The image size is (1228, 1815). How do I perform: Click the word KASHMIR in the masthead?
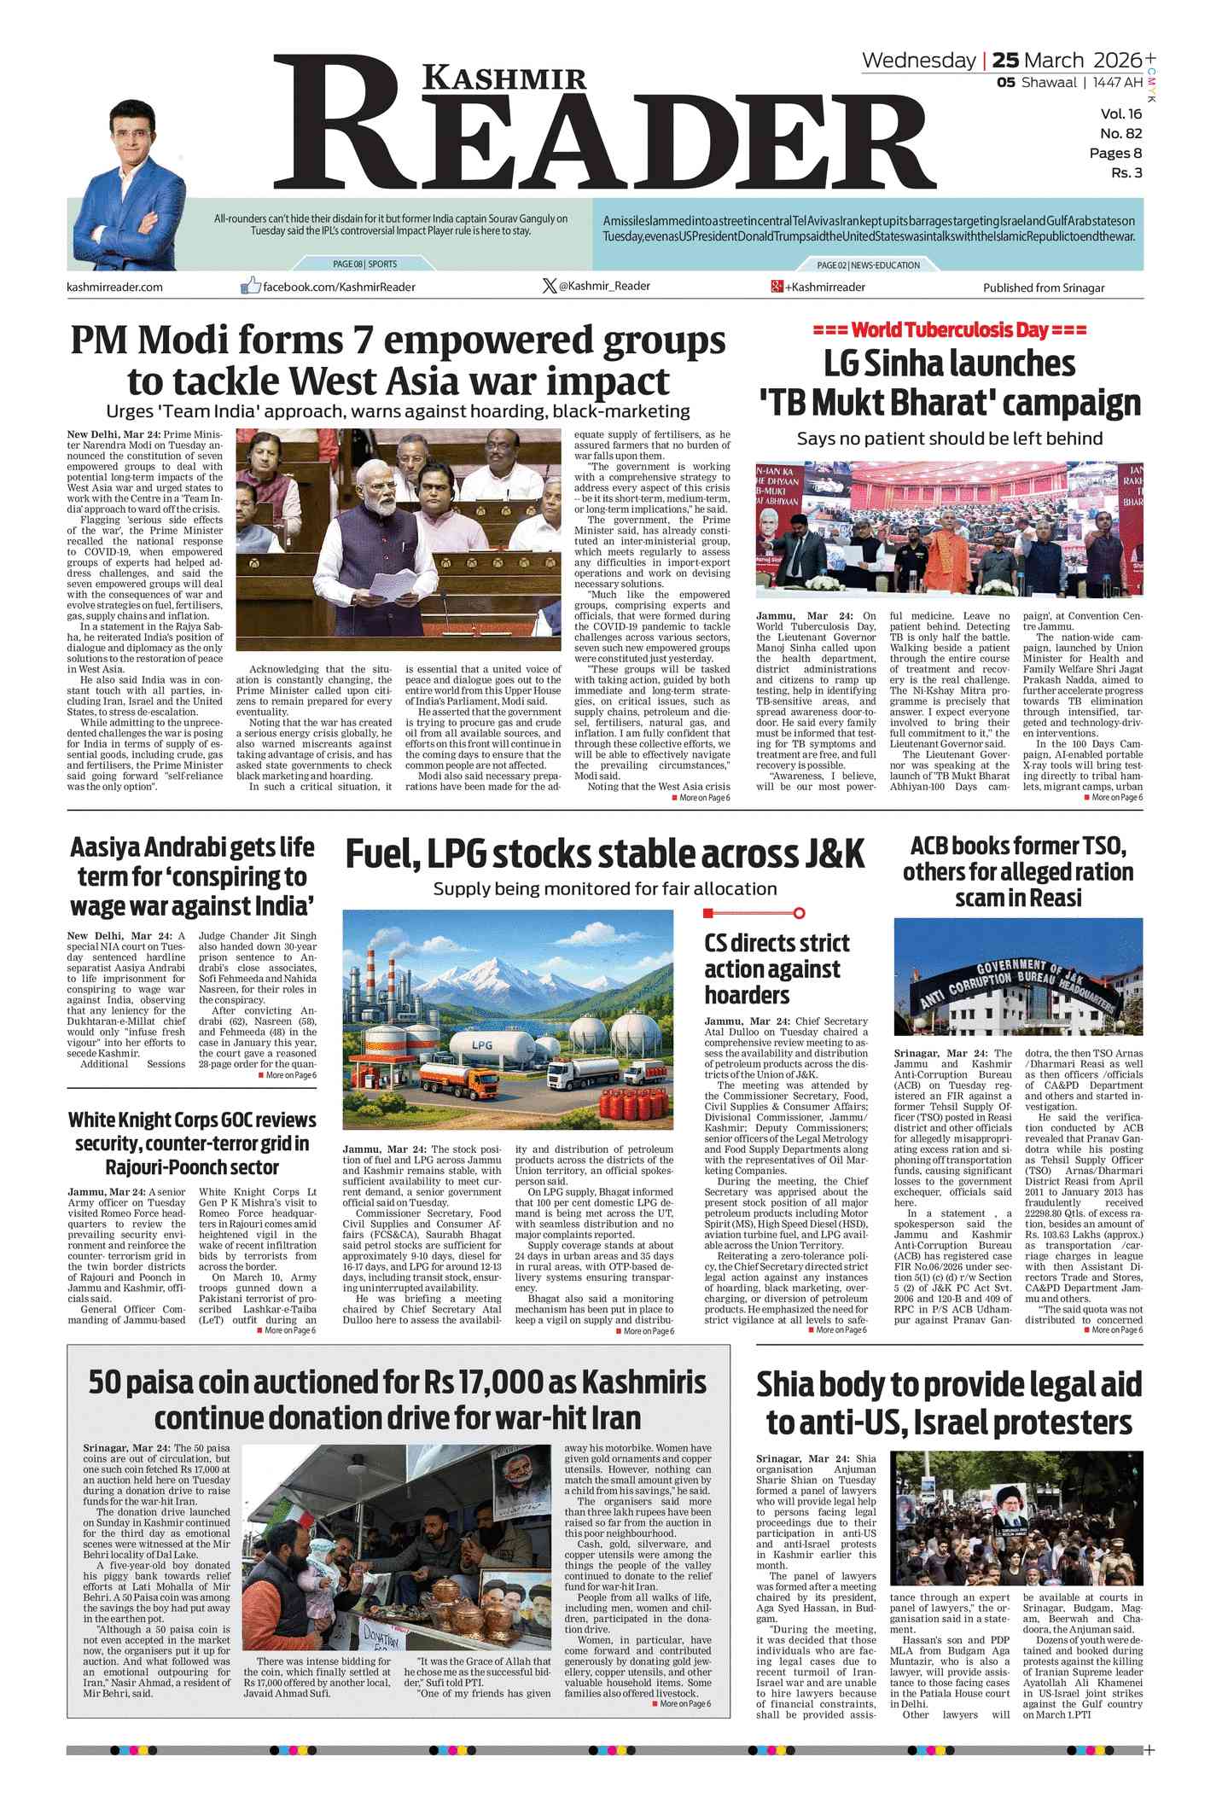click(x=504, y=78)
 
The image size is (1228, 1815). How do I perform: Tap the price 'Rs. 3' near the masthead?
click(x=1126, y=172)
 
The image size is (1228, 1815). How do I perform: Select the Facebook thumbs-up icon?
click(x=250, y=286)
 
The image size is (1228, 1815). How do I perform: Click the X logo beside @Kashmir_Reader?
click(x=549, y=286)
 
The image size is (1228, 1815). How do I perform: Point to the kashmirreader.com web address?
click(x=114, y=287)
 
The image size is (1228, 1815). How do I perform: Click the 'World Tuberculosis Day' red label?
click(x=950, y=330)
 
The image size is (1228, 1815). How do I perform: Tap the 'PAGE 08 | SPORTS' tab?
click(x=364, y=264)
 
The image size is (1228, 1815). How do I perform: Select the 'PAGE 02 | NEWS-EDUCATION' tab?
click(x=868, y=265)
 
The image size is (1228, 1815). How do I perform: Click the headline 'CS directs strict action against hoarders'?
click(x=776, y=969)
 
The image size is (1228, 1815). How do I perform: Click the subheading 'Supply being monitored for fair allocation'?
click(x=604, y=888)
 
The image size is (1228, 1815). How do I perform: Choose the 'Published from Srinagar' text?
click(x=1043, y=288)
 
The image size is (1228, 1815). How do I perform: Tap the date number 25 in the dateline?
click(x=1005, y=61)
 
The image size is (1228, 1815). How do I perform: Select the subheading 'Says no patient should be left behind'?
click(x=949, y=439)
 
